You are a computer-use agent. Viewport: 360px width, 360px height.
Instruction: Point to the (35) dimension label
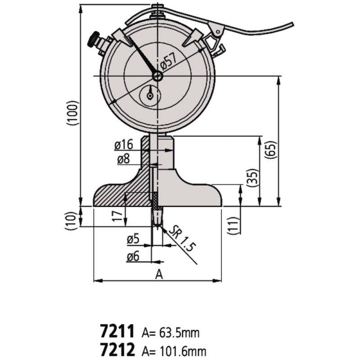click(252, 178)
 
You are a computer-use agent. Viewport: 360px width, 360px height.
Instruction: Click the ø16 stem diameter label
click(123, 145)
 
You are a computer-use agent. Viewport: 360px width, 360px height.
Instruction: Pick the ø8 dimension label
click(124, 159)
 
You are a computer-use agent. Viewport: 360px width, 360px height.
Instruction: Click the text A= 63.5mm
click(171, 333)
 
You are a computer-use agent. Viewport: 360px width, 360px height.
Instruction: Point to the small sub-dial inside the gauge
click(151, 94)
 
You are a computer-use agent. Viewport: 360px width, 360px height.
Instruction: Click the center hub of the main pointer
click(157, 77)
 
